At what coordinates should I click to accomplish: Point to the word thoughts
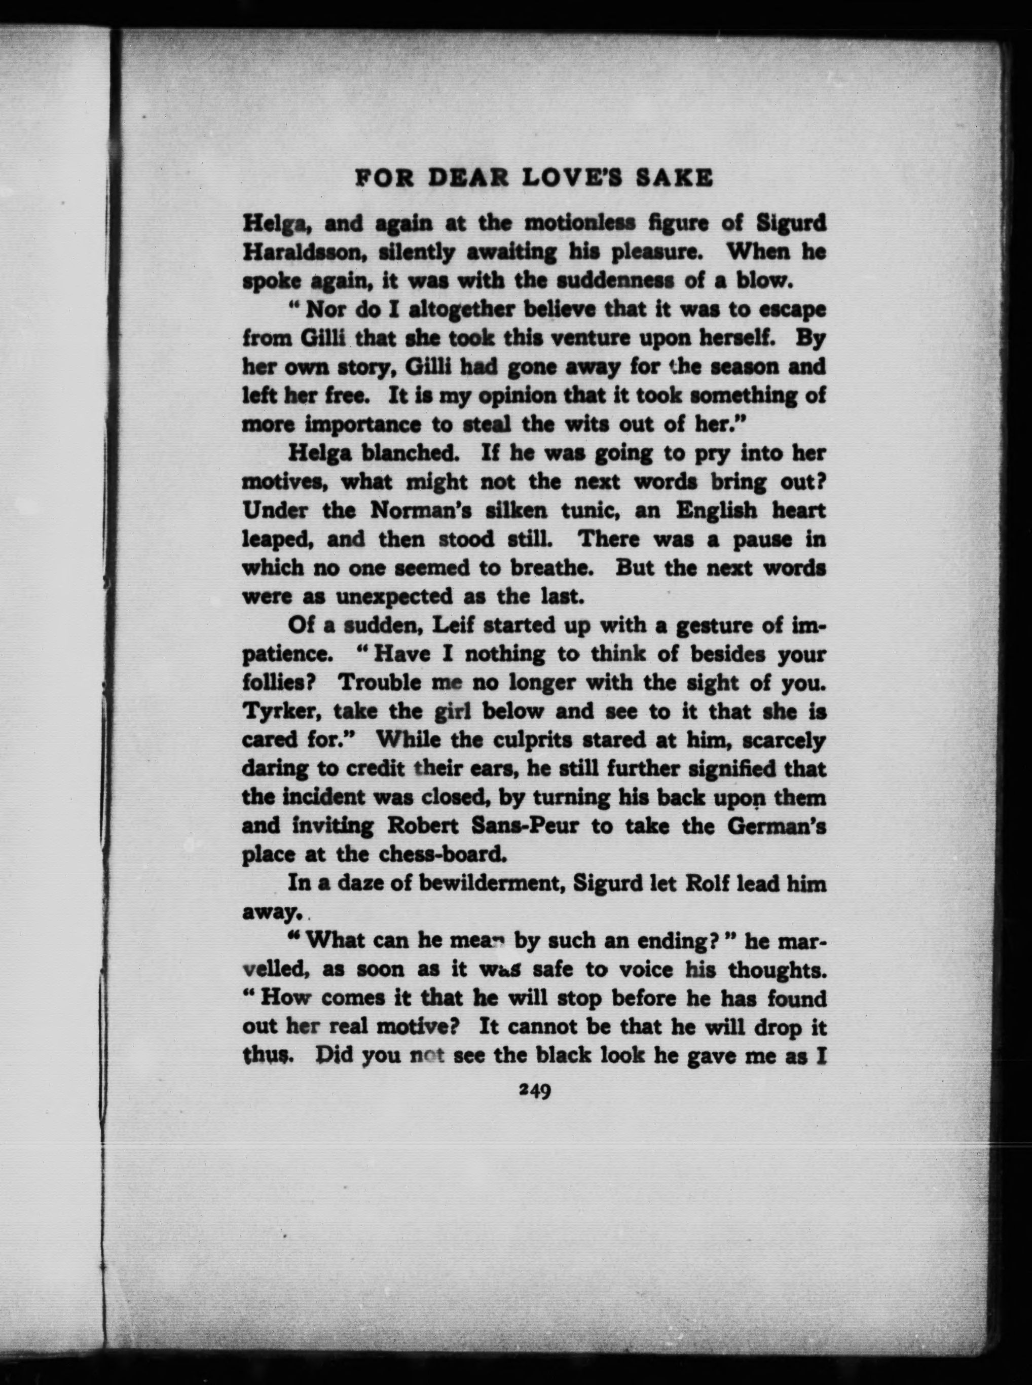[x=787, y=970]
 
